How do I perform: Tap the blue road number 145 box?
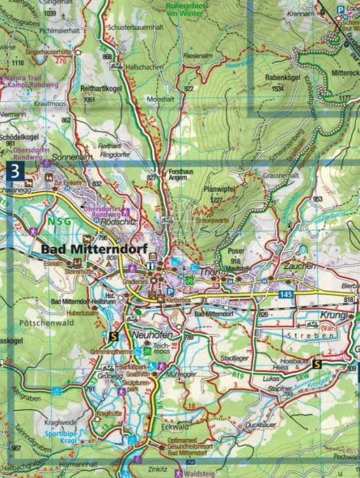tap(286, 293)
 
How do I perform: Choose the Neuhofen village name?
tap(150, 334)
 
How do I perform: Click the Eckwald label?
tap(175, 426)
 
